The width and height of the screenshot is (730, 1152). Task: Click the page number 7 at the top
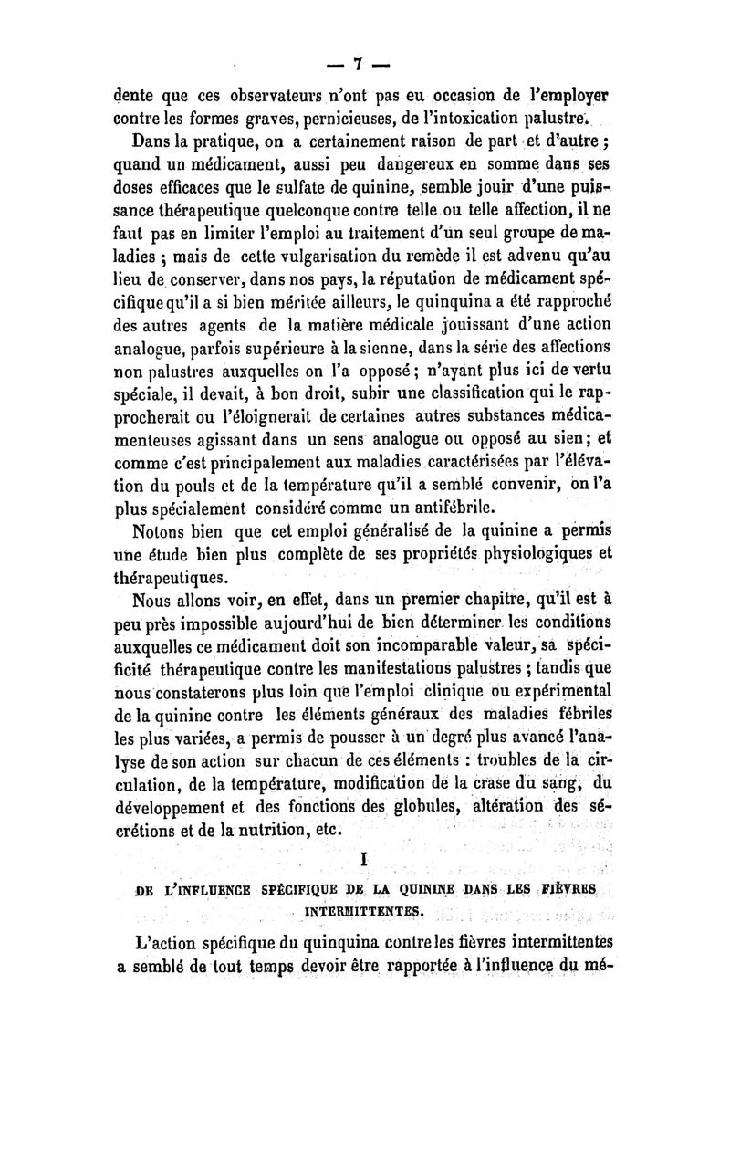[x=359, y=63]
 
